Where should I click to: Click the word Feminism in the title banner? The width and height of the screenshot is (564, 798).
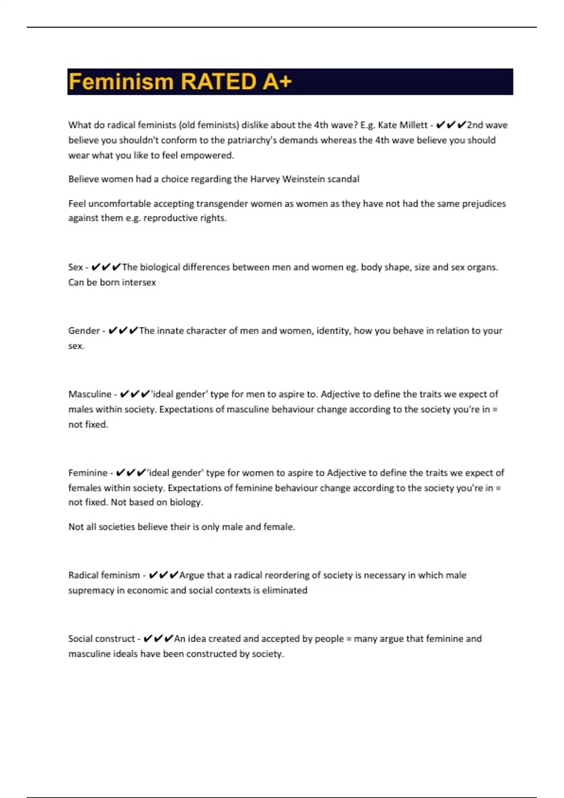121,82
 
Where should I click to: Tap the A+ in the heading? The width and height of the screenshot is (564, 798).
277,82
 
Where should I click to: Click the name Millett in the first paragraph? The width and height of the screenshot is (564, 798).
413,125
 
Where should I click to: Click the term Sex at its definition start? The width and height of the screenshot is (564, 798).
75,268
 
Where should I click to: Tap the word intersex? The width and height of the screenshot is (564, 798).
139,283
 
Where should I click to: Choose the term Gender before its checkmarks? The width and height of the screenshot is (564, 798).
84,331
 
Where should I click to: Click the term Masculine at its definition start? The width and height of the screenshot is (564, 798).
90,394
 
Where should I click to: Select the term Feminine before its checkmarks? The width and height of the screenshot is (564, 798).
88,473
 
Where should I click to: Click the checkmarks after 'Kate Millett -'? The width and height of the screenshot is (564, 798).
451,125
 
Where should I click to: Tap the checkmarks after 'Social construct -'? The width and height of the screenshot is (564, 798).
158,639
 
